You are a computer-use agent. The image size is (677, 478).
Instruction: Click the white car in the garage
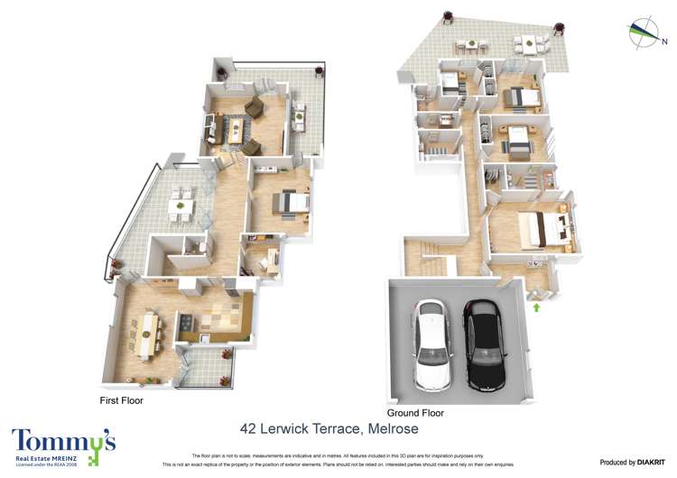pos(433,346)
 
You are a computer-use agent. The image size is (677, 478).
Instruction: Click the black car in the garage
pos(484,345)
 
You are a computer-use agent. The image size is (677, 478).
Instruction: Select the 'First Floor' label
pos(121,400)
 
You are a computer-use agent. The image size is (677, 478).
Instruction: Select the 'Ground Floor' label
pos(415,412)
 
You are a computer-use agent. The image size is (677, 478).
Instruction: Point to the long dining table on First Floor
pos(148,332)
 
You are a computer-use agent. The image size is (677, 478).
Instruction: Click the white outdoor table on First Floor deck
pos(181,207)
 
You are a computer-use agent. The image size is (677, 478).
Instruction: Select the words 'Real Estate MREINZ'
pos(44,459)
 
